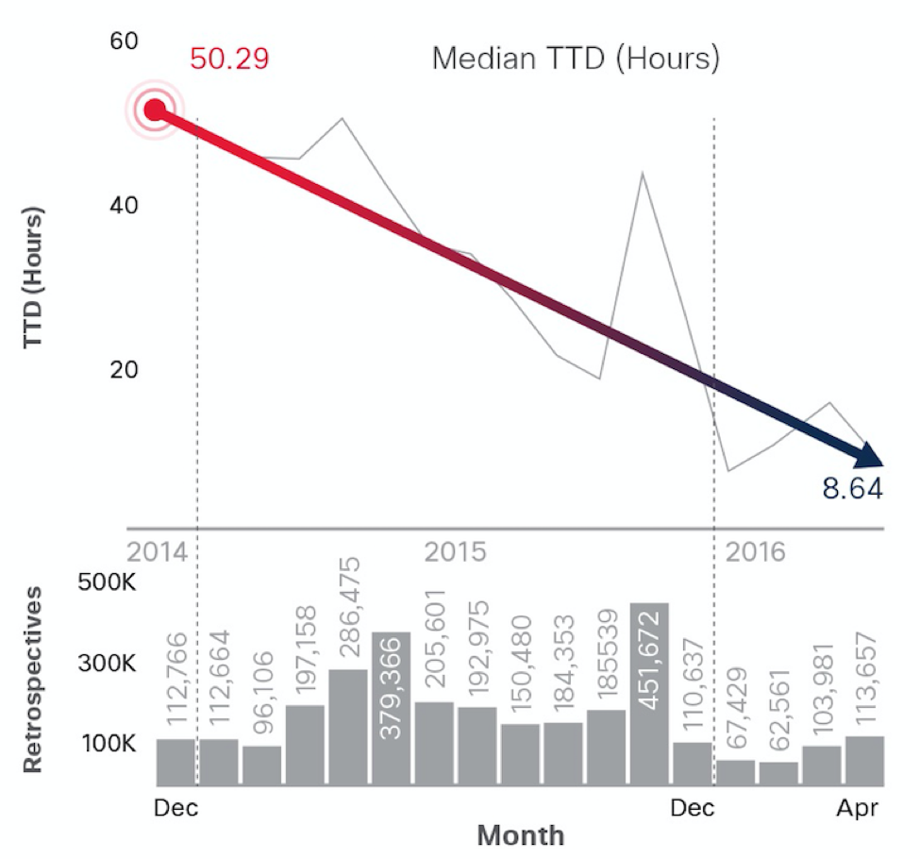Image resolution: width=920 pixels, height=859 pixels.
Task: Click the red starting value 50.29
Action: coord(229,59)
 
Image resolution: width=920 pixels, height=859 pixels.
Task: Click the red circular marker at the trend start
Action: coord(155,111)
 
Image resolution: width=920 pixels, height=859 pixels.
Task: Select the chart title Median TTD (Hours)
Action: coord(576,59)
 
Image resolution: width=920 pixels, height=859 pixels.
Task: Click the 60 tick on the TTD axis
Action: coord(125,41)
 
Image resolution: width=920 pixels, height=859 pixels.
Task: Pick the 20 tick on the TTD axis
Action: coord(125,368)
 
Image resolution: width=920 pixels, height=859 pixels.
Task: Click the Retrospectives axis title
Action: coord(35,678)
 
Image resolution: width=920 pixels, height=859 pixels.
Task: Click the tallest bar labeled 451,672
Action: coord(649,694)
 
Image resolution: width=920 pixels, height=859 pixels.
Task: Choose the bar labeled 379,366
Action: coord(391,708)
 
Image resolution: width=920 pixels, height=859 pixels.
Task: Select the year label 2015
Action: coord(456,551)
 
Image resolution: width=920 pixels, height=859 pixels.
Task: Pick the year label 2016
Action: coord(755,551)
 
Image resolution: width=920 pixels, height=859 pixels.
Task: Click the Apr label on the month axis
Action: coord(857,808)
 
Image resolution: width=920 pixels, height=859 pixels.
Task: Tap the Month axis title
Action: coord(520,835)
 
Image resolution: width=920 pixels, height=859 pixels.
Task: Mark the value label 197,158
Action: coord(305,654)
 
